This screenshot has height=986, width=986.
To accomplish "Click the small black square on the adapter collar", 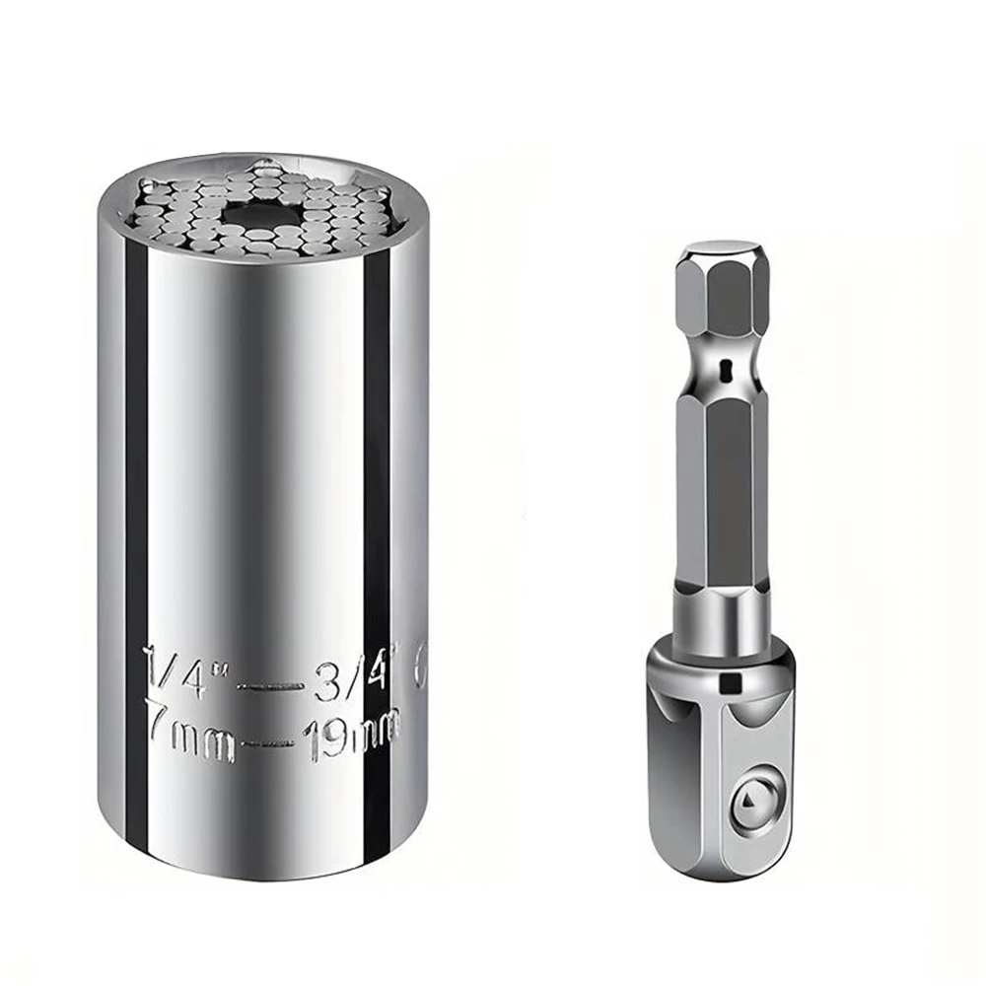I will click(730, 684).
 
